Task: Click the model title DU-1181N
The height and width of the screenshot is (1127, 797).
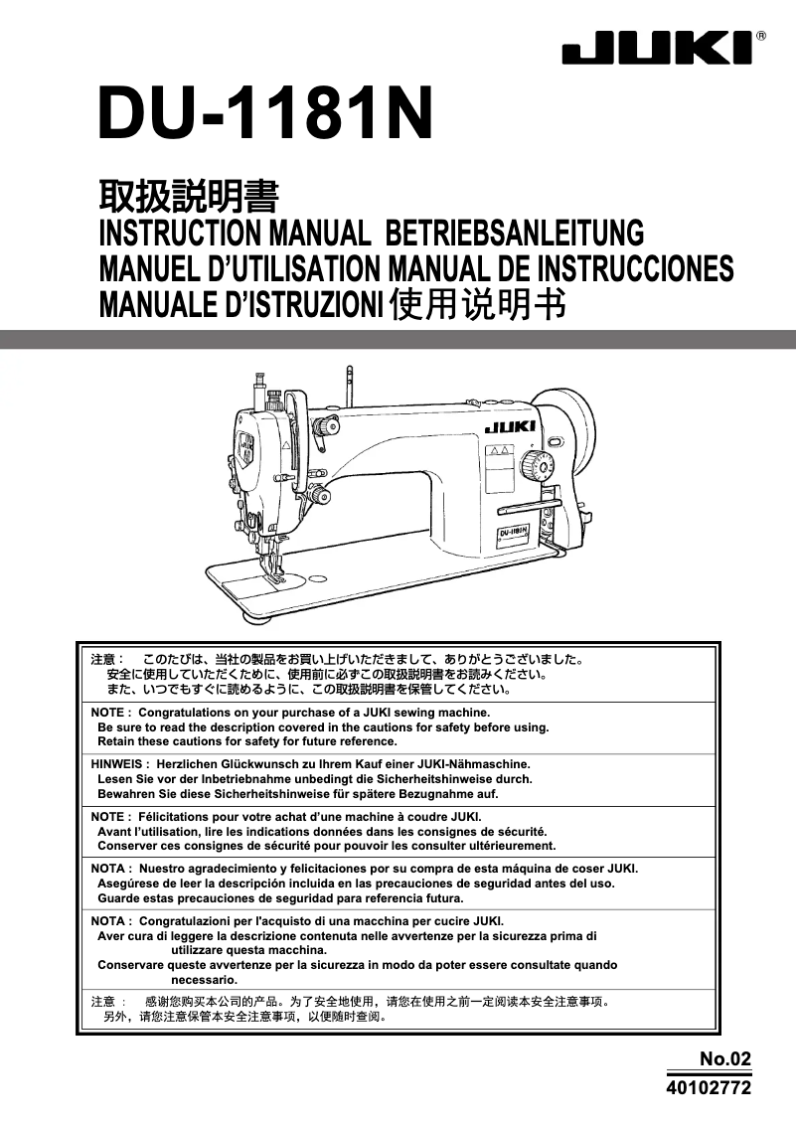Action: pos(265,115)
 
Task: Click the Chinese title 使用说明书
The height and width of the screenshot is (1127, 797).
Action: pos(478,304)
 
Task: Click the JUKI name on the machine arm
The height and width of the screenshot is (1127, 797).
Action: pos(510,427)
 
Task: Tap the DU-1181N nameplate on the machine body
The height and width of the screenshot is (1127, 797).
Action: pos(512,534)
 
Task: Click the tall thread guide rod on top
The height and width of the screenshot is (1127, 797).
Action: pos(349,388)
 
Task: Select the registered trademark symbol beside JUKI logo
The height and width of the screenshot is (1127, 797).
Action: pos(760,35)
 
